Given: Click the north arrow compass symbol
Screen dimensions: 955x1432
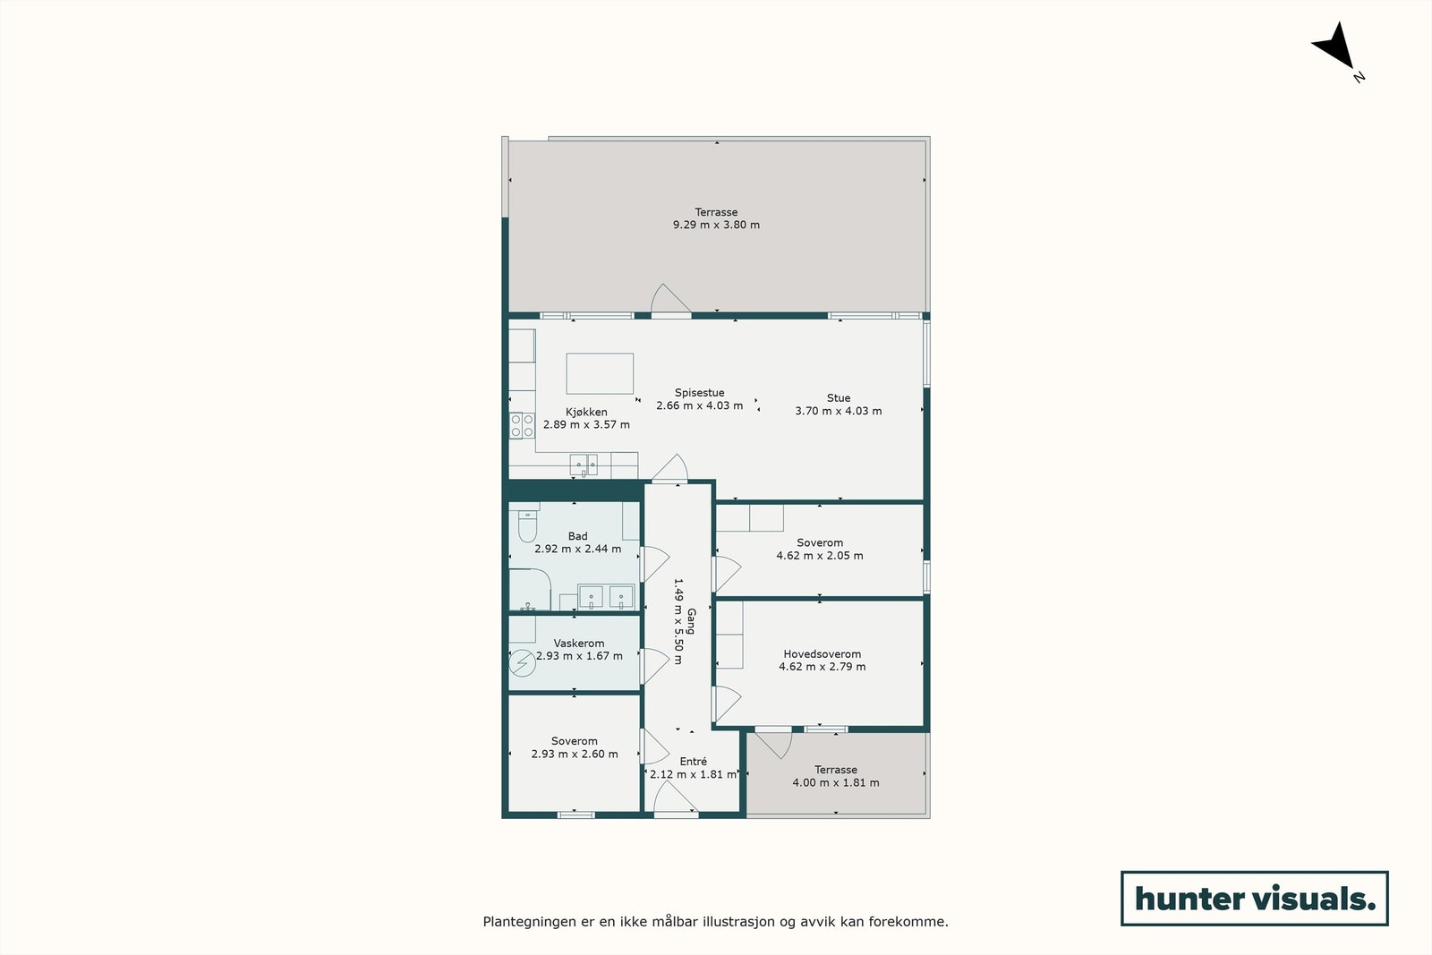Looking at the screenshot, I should tap(1335, 48).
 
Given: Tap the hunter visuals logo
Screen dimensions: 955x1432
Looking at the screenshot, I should tap(1254, 898).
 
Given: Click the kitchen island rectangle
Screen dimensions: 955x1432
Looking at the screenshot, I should tap(600, 373).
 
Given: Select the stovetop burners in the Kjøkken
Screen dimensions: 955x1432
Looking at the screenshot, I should tap(522, 425).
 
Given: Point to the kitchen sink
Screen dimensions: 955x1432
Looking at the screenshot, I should tap(584, 465).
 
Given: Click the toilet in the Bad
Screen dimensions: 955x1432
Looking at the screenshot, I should tap(527, 526).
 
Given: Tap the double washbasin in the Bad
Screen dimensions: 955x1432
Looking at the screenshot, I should tap(606, 596).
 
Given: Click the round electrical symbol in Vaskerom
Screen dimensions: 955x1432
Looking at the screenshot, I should tap(521, 663).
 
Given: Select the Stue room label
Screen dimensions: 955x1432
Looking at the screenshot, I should tap(839, 398).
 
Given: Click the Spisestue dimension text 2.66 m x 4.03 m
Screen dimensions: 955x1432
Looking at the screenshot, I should tap(699, 405).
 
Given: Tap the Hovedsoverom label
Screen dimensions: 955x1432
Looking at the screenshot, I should tap(822, 654).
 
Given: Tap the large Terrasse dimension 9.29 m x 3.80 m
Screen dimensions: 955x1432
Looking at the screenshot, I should tap(716, 225).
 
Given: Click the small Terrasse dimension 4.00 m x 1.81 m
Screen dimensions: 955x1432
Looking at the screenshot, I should tap(835, 782).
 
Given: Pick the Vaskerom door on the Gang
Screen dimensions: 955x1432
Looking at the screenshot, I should tap(654, 667).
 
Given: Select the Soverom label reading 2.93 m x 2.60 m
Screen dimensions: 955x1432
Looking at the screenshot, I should tap(575, 754).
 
